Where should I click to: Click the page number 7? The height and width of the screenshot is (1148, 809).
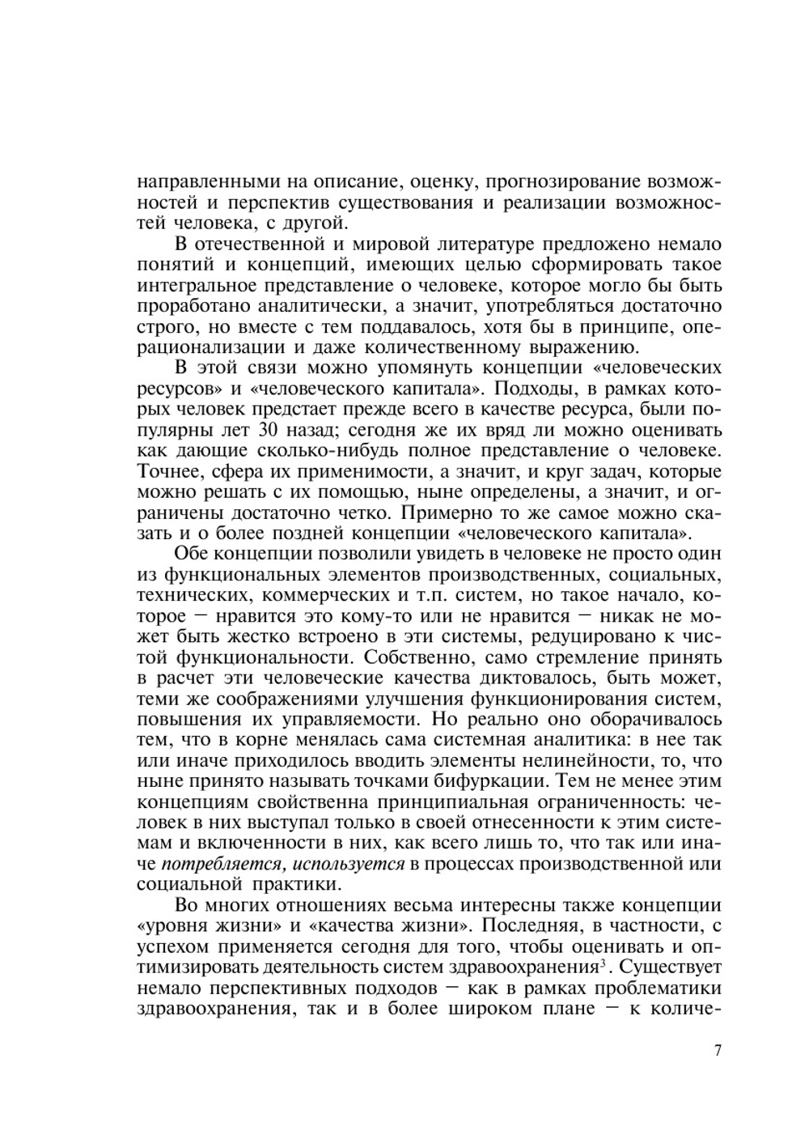[717, 1051]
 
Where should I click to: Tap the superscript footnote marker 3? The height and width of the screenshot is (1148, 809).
[600, 963]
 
